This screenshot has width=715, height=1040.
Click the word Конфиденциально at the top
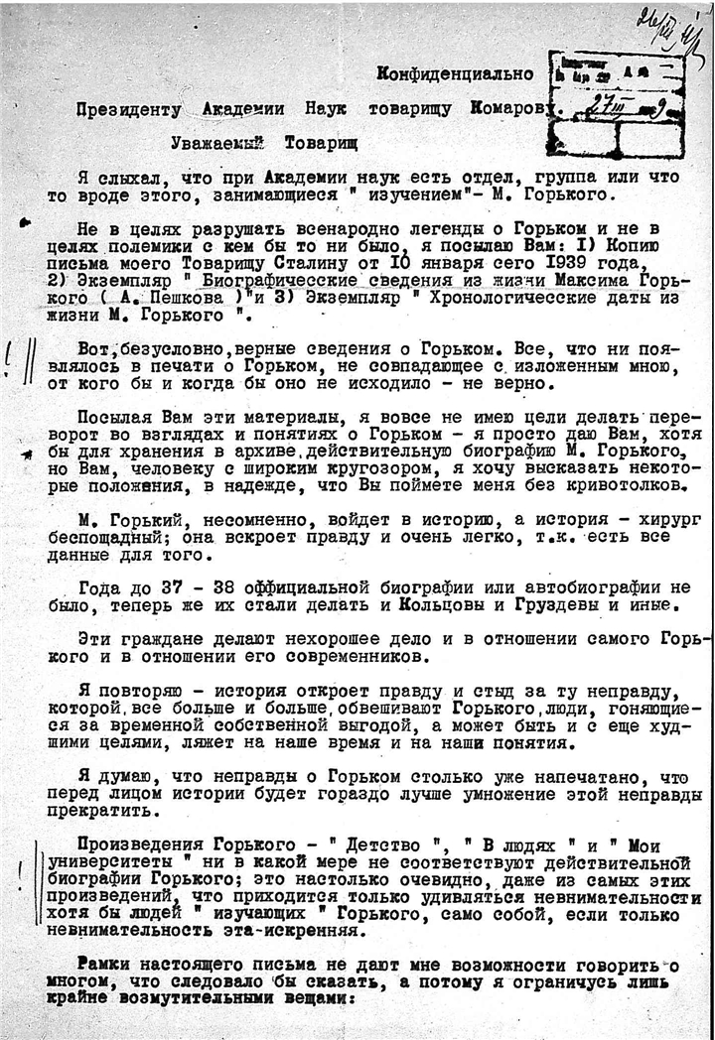tap(455, 73)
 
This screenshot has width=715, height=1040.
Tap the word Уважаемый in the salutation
tap(213, 143)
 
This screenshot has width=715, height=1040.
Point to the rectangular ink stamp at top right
tap(621, 103)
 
